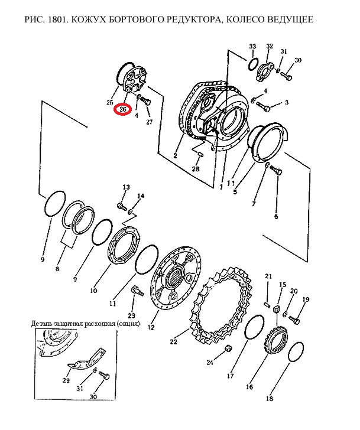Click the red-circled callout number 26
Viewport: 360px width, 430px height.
[123, 109]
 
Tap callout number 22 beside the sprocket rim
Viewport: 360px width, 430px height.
[173, 341]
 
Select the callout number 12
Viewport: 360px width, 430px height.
[151, 327]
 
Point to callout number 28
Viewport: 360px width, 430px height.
[196, 169]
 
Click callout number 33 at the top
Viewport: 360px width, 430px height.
[252, 46]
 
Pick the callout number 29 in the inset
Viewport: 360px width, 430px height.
[66, 380]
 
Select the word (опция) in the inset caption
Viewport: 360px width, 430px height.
[128, 324]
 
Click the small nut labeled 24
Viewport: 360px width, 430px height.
[228, 348]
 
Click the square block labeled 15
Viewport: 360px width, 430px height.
[277, 310]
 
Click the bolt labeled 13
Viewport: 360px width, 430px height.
[122, 206]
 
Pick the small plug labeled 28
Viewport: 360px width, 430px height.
[200, 155]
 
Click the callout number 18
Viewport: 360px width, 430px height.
[270, 398]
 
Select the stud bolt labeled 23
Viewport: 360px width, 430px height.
[137, 291]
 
